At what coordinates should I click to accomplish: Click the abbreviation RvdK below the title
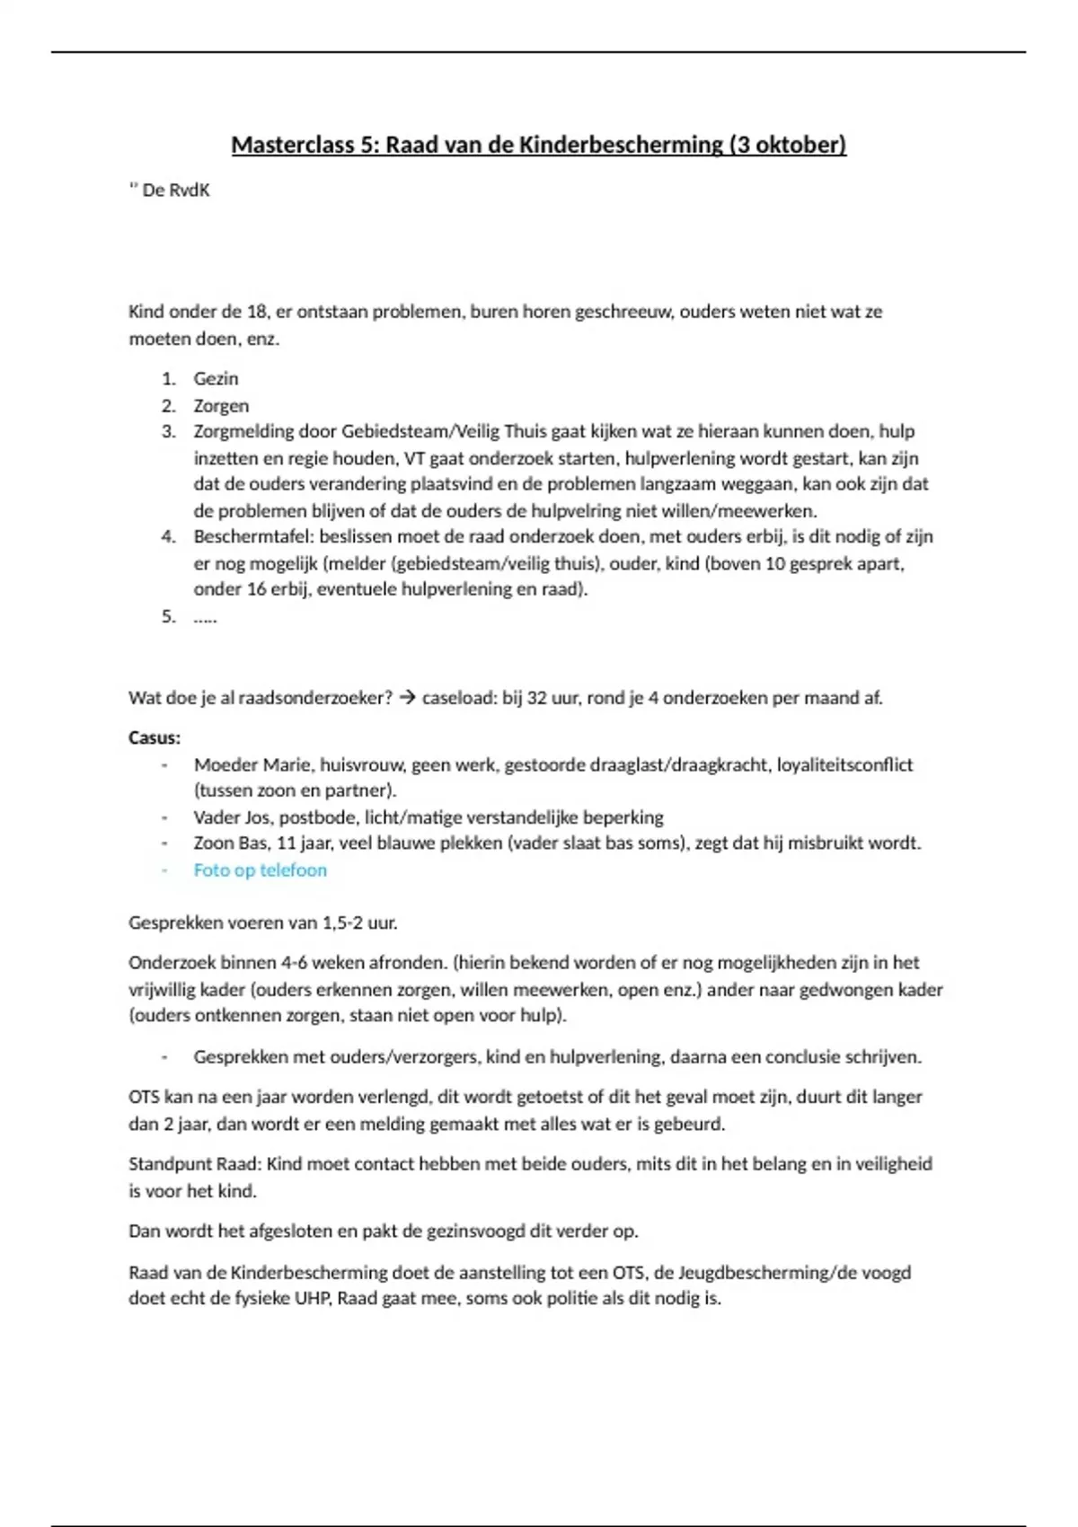tap(189, 190)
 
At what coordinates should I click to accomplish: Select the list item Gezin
tap(216, 378)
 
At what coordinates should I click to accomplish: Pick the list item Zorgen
tap(221, 405)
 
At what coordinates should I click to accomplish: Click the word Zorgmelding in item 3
tap(243, 431)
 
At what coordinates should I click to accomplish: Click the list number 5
tap(168, 616)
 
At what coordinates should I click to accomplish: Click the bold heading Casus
tap(155, 737)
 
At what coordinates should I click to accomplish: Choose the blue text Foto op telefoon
tap(260, 869)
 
